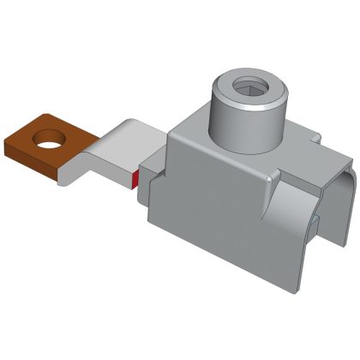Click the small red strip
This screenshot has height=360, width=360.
(135, 178)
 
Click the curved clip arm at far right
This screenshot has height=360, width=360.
(339, 206)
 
